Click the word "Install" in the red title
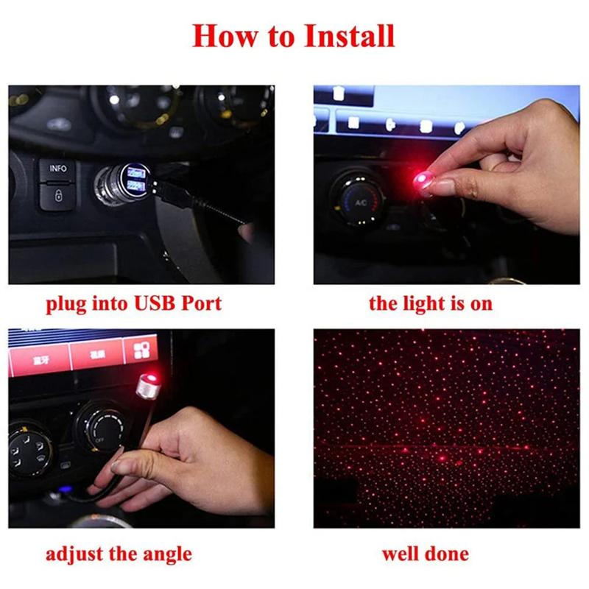click(347, 36)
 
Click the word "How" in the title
click(223, 36)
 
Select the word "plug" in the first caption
click(66, 304)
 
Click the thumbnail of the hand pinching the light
click(446, 184)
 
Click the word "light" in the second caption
click(422, 303)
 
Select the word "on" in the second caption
click(481, 304)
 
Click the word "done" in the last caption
click(446, 554)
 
